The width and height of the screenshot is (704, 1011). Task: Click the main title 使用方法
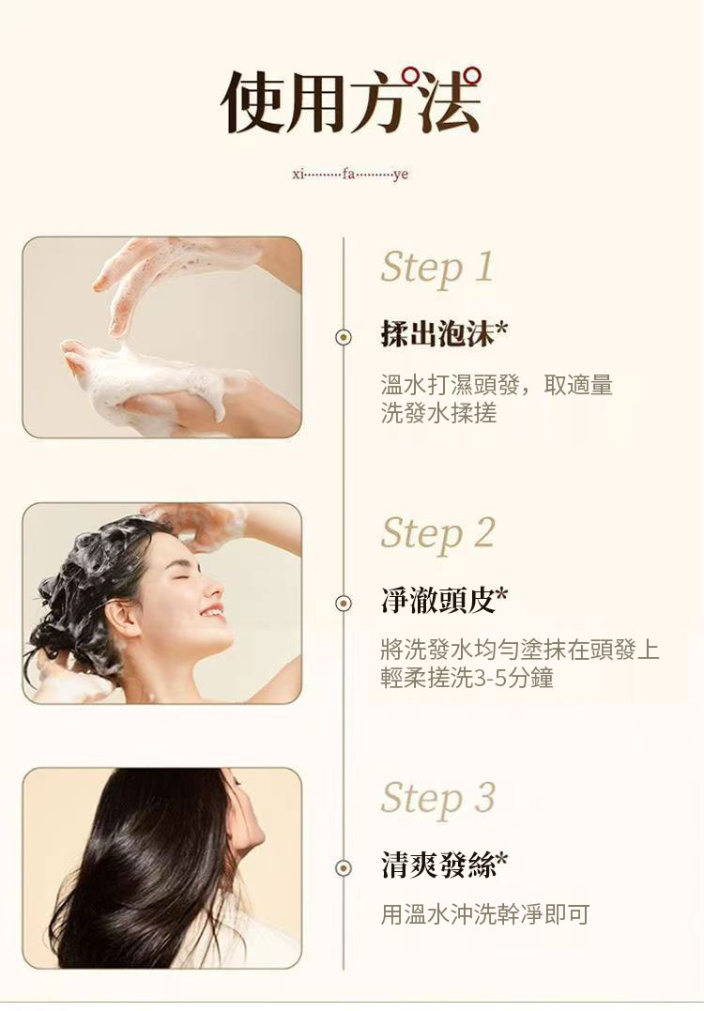click(x=351, y=101)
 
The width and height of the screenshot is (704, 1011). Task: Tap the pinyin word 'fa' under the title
click(x=348, y=174)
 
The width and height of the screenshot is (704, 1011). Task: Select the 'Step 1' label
click(x=437, y=268)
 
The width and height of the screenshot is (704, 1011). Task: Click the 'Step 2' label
click(x=437, y=534)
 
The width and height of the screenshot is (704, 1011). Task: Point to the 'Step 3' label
click(x=437, y=798)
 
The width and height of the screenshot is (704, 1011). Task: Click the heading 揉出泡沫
click(x=436, y=334)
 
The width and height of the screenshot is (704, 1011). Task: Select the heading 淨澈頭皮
click(x=436, y=600)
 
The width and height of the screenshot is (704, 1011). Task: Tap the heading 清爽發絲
click(x=436, y=865)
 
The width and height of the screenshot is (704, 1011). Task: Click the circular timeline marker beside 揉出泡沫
click(x=344, y=337)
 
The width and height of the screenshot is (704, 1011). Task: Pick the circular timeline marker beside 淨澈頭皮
click(x=344, y=603)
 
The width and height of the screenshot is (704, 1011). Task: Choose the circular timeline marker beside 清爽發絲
click(x=344, y=868)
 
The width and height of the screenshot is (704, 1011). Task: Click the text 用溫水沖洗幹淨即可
click(x=484, y=914)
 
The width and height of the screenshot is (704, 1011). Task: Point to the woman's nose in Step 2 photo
click(x=216, y=588)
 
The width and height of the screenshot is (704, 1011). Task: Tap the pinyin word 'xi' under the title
click(x=298, y=174)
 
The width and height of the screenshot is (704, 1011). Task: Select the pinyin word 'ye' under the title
click(x=401, y=175)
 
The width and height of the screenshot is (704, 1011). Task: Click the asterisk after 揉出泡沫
click(x=501, y=329)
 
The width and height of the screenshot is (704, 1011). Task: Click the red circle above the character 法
click(x=472, y=75)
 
